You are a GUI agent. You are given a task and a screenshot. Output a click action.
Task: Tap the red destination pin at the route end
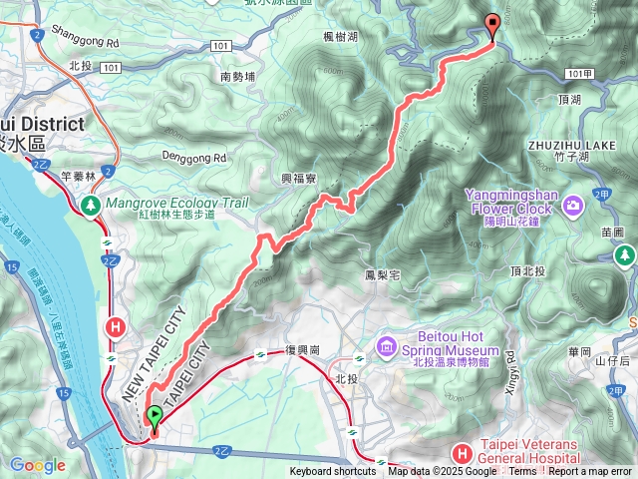[x=491, y=27]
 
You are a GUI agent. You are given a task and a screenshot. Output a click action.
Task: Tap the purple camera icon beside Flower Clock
[x=572, y=207]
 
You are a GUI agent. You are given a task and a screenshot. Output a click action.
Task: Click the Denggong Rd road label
[x=195, y=158]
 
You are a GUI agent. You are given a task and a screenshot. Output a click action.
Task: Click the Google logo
[x=37, y=465]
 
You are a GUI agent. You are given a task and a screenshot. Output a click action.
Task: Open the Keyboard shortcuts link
[x=333, y=472]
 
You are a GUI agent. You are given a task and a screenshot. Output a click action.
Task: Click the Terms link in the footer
[x=522, y=472]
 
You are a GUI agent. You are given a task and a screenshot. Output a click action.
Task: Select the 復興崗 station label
[x=301, y=350]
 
